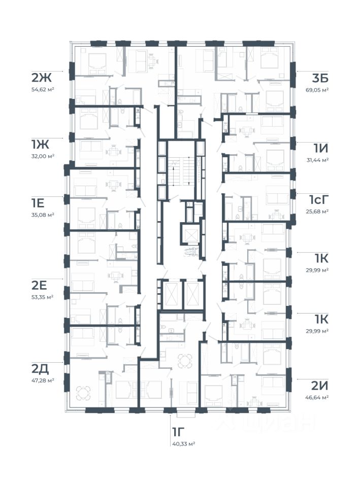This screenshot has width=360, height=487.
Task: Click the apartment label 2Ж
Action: [41, 77]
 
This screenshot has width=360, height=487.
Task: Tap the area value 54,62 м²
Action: [43, 89]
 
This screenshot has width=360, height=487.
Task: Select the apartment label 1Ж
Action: [41, 144]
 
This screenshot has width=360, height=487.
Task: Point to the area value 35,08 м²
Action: [43, 215]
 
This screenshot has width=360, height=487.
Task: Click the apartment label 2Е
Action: [39, 285]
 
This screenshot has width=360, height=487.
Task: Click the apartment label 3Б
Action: [320, 78]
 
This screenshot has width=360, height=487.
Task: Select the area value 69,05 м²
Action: [317, 90]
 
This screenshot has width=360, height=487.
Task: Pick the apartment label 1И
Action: [320, 148]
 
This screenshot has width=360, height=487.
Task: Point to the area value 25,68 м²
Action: [317, 212]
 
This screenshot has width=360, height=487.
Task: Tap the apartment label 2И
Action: [319, 386]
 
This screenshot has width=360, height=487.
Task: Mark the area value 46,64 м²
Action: [317, 397]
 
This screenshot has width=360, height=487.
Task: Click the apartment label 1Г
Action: [178, 432]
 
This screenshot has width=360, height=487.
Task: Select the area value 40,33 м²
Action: [184, 444]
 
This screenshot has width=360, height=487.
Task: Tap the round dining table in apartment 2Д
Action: [83, 393]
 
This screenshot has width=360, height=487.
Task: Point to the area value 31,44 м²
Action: [317, 160]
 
